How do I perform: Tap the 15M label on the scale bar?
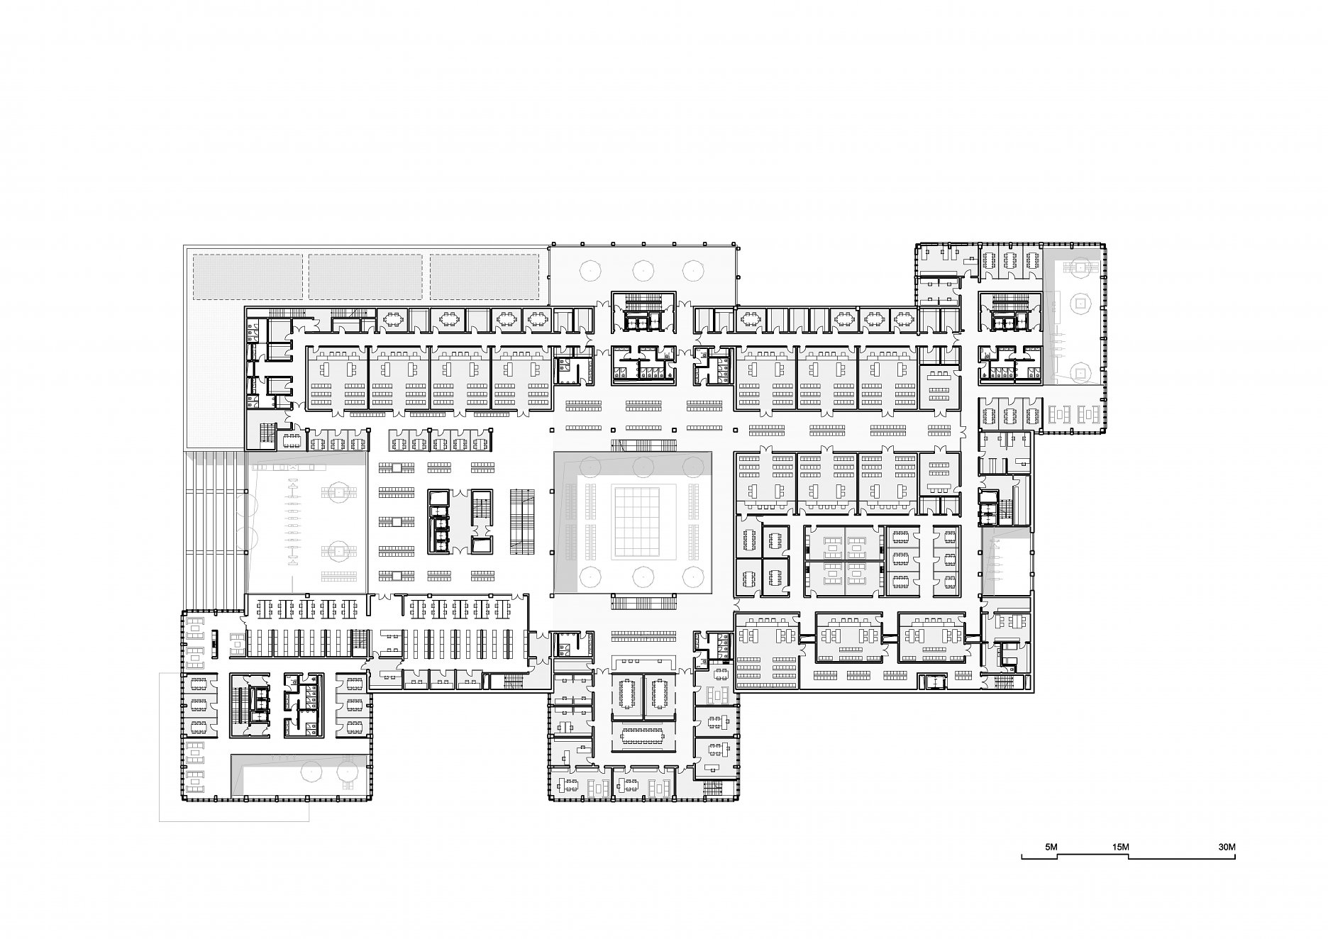pyautogui.click(x=1120, y=847)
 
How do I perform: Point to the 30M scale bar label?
pyautogui.click(x=1227, y=847)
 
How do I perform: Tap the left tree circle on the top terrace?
pyautogui.click(x=590, y=269)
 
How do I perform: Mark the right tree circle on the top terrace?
pyautogui.click(x=692, y=269)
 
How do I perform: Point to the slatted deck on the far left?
pyautogui.click(x=216, y=528)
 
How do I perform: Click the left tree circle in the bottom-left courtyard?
pyautogui.click(x=311, y=771)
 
